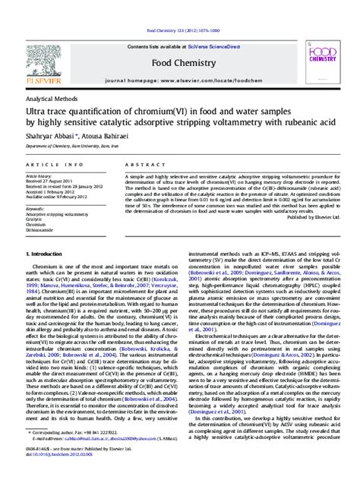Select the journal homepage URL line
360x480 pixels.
(x=180, y=78)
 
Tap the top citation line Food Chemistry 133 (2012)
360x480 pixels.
(x=180, y=30)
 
